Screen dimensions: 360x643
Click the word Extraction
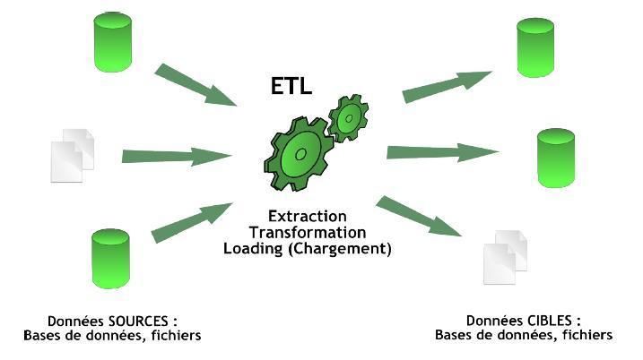(x=307, y=217)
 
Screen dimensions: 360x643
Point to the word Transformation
(x=307, y=233)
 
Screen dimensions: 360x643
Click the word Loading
(x=254, y=249)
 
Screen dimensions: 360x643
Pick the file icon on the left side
(x=73, y=156)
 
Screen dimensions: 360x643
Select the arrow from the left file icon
(x=176, y=156)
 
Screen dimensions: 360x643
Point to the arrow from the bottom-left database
(x=192, y=221)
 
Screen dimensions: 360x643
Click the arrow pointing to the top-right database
(x=447, y=85)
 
